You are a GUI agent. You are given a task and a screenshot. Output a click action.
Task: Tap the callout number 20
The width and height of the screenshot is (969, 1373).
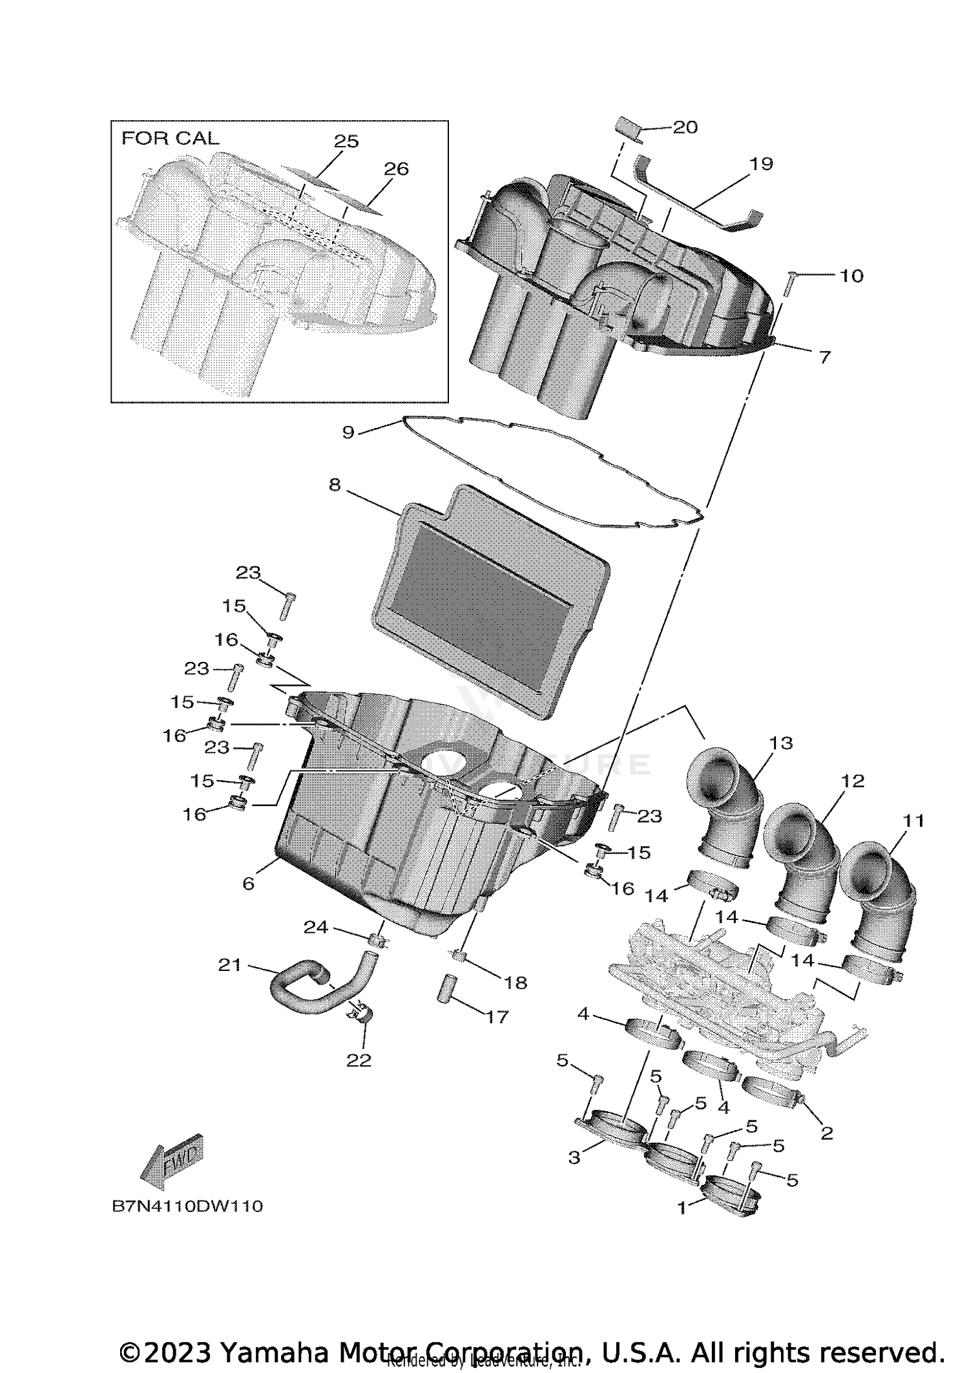(x=685, y=127)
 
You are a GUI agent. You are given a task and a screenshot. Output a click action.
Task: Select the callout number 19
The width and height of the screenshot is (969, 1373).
(x=761, y=164)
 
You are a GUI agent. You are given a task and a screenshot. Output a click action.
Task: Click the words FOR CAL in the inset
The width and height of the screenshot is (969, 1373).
(x=171, y=138)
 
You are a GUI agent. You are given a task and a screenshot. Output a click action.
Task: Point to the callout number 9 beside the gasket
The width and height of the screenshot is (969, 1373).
(x=348, y=432)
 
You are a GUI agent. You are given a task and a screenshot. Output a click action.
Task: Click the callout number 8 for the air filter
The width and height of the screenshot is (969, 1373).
(x=334, y=484)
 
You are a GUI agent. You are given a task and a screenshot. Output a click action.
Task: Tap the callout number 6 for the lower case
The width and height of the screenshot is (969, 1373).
(x=249, y=883)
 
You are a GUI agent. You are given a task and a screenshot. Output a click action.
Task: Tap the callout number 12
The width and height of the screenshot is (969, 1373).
(x=853, y=781)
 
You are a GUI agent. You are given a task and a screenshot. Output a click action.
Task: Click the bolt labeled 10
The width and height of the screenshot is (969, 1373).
(x=788, y=284)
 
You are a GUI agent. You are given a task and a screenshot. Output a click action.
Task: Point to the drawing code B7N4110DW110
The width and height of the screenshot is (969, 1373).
(x=187, y=1206)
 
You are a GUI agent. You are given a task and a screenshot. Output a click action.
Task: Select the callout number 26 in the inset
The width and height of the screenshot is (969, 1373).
(x=396, y=169)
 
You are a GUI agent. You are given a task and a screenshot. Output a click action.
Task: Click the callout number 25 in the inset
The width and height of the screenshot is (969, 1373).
(x=346, y=141)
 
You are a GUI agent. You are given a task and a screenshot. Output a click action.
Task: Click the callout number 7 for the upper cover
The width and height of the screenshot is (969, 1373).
(x=824, y=357)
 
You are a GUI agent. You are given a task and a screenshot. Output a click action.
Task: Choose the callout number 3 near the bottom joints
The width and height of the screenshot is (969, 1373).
(x=574, y=1157)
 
